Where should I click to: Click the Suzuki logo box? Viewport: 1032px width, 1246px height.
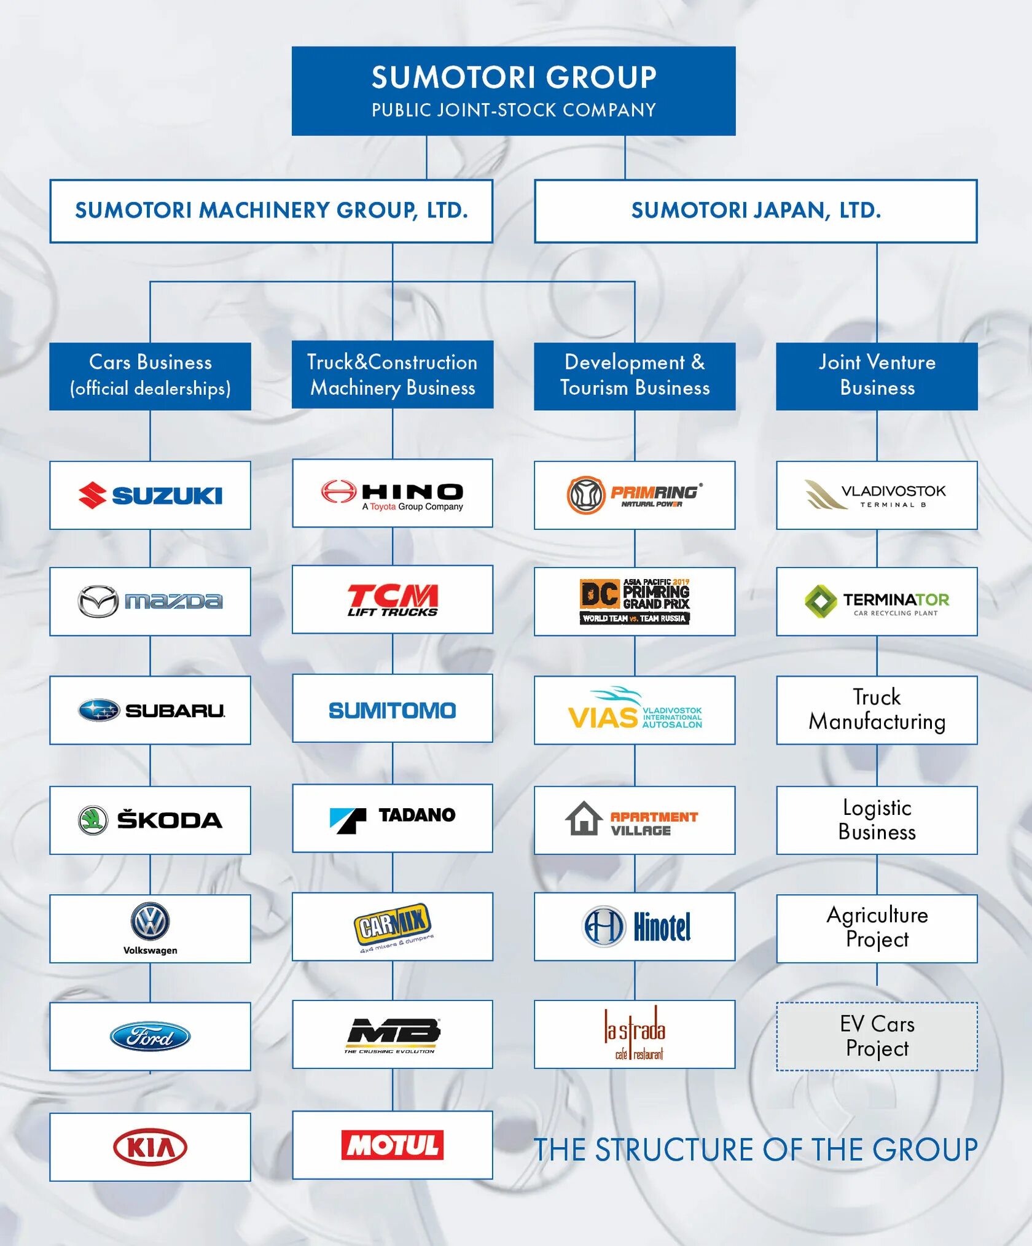(150, 495)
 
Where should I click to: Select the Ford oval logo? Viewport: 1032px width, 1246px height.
(150, 1037)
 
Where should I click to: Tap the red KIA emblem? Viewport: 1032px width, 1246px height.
(150, 1147)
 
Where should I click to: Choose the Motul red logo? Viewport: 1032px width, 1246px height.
(392, 1145)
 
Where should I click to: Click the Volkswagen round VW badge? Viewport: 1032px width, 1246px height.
(150, 921)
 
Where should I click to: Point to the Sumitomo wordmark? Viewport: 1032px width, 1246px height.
(392, 711)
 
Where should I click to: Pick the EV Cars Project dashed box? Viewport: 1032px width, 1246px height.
(877, 1037)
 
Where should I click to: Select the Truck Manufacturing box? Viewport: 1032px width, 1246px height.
(877, 710)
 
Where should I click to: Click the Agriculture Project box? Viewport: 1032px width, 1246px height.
(877, 928)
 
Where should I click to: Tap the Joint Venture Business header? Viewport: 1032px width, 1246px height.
(877, 375)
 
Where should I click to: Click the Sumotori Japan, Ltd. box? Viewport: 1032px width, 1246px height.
(756, 211)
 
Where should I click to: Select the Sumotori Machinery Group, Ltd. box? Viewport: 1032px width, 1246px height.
(271, 211)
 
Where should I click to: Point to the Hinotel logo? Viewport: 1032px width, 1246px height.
(635, 927)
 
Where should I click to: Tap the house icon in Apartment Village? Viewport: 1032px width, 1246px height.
(584, 819)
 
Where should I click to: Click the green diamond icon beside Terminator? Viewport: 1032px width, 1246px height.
(821, 601)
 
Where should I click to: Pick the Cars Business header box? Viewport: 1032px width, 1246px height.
(150, 375)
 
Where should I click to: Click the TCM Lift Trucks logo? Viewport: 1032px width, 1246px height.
(392, 599)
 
